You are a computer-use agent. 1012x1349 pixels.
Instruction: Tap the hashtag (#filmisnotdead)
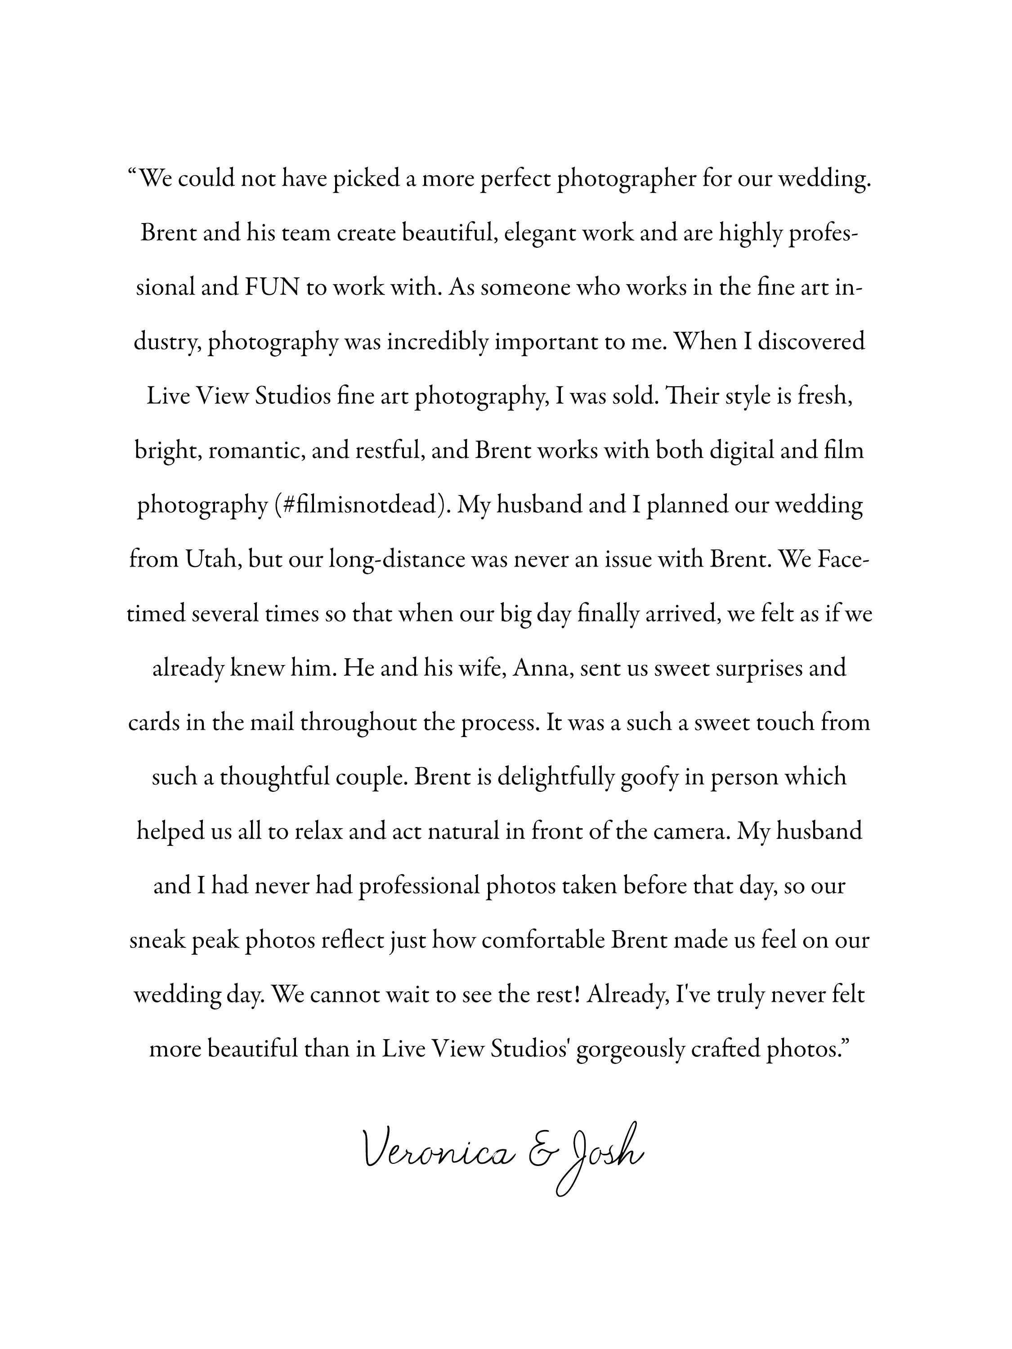pos(363,505)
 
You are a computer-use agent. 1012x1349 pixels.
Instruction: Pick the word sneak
pos(157,940)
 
